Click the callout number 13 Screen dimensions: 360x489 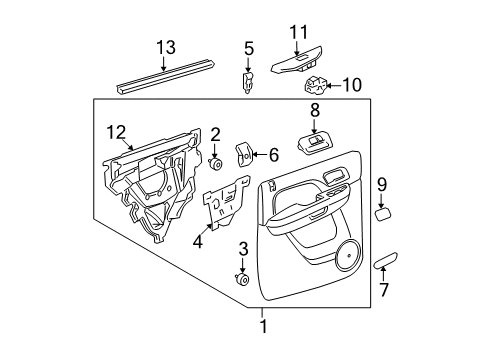pyautogui.click(x=165, y=48)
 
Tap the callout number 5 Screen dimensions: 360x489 pyautogui.click(x=249, y=47)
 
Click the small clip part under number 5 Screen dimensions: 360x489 pyautogui.click(x=247, y=79)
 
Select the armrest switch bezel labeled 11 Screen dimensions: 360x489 pyautogui.click(x=300, y=64)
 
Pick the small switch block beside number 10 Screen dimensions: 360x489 pyautogui.click(x=318, y=85)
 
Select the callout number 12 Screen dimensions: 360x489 pyautogui.click(x=116, y=130)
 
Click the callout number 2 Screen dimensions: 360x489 pyautogui.click(x=215, y=134)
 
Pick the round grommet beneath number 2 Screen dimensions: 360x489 pyautogui.click(x=215, y=162)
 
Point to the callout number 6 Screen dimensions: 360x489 pyautogui.click(x=273, y=154)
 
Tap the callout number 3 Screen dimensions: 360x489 pyautogui.click(x=242, y=248)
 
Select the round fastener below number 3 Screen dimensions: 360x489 pyautogui.click(x=241, y=279)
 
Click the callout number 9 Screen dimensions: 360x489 pyautogui.click(x=381, y=183)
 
